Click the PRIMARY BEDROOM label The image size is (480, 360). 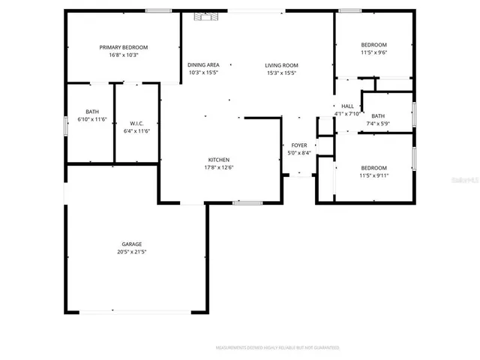(124, 47)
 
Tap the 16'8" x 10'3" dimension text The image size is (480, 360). (124, 55)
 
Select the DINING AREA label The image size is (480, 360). (203, 65)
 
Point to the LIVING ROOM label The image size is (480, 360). (281, 65)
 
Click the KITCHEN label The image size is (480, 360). (219, 160)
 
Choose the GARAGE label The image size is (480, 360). (132, 244)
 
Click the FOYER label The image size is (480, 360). (299, 145)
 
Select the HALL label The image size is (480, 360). (347, 106)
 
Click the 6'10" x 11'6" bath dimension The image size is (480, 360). (92, 119)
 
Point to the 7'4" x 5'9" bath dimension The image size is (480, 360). (377, 123)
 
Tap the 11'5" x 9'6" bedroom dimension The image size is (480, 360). (373, 53)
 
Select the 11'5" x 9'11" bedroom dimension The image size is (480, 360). (373, 175)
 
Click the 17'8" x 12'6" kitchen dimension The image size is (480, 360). (219, 167)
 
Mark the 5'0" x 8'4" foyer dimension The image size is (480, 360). (299, 153)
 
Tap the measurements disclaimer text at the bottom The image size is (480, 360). (277, 348)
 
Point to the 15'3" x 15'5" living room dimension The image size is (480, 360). (281, 73)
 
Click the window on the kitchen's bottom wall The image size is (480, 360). (247, 202)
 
